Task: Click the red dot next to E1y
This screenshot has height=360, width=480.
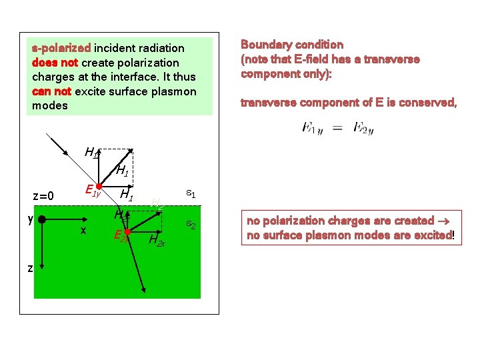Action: (x=98, y=187)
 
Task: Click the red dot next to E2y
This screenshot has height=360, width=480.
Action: (x=127, y=232)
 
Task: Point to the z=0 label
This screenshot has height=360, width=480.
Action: (x=47, y=196)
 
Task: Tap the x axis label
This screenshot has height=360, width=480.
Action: (x=83, y=230)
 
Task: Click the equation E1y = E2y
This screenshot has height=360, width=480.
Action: (x=337, y=127)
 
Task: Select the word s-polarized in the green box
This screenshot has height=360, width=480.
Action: (x=61, y=48)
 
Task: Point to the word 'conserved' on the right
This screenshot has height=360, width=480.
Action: (x=429, y=103)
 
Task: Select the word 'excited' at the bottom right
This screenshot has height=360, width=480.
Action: (x=433, y=235)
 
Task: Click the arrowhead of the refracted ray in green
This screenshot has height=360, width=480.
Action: (x=143, y=289)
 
